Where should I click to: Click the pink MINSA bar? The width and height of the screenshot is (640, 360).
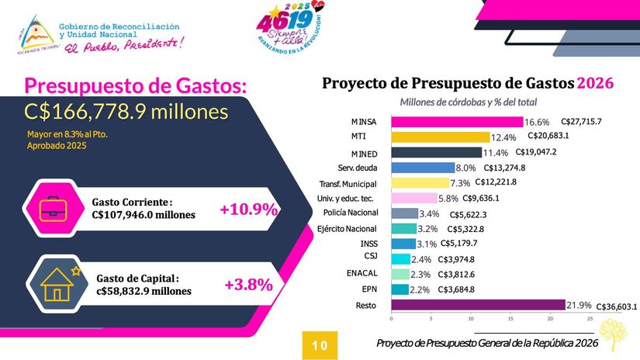457,122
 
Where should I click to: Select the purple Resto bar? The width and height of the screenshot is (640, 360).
478,306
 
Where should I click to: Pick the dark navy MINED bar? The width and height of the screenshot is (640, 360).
437,153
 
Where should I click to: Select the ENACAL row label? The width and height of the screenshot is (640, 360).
362,273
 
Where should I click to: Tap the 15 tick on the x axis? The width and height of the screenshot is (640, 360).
510,319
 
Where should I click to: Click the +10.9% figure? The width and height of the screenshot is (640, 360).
248,209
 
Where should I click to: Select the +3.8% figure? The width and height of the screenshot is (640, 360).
248,285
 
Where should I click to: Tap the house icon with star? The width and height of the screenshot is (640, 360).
57,283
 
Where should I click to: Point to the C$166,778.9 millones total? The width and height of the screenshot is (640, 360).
126,111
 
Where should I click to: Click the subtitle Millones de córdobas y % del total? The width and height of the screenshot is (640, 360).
469,102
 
